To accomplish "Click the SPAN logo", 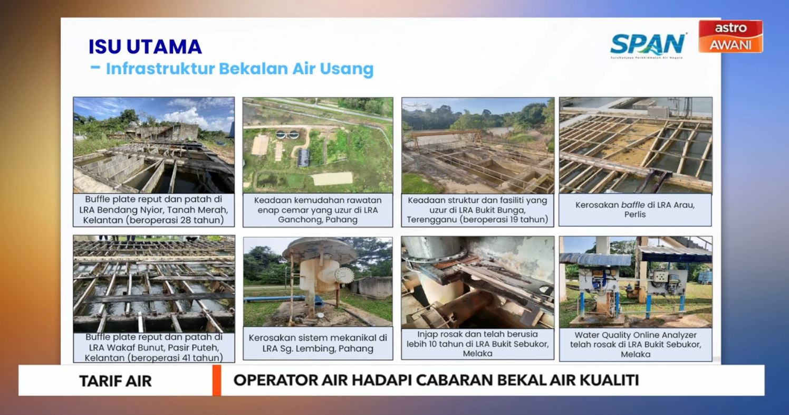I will pyautogui.click(x=648, y=45).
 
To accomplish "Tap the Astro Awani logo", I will pyautogui.click(x=730, y=36).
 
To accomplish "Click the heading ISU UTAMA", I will pyautogui.click(x=145, y=46).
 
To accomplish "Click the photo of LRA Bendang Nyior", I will pyautogui.click(x=153, y=145).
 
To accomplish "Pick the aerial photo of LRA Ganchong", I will pyautogui.click(x=317, y=145).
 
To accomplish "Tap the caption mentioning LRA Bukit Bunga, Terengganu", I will pyautogui.click(x=477, y=210).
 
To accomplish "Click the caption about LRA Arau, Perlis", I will pyautogui.click(x=635, y=210).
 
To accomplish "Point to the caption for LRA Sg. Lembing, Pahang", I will pyautogui.click(x=317, y=343).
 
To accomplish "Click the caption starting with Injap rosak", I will pyautogui.click(x=477, y=344).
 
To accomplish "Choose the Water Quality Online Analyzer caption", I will pyautogui.click(x=635, y=344).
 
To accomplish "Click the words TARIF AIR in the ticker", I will pyautogui.click(x=115, y=381).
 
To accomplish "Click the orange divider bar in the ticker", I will pyautogui.click(x=216, y=380).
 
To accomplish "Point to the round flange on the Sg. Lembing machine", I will pyautogui.click(x=344, y=275).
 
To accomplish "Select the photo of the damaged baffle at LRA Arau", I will pyautogui.click(x=635, y=145).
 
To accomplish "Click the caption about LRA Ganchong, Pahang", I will pyautogui.click(x=317, y=210).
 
